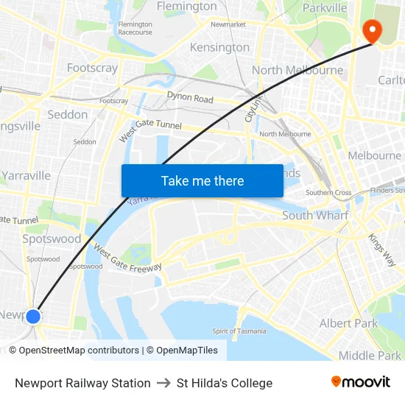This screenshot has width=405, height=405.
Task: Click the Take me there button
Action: (202, 180)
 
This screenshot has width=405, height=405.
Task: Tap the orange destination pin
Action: (372, 30)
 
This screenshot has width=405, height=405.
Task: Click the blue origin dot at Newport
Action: (32, 317)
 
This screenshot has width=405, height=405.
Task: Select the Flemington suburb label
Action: (186, 7)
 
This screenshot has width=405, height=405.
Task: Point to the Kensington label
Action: (219, 47)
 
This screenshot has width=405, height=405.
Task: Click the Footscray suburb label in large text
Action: (92, 68)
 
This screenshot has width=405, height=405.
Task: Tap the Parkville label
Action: (324, 7)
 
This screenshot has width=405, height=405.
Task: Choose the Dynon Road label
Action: (190, 99)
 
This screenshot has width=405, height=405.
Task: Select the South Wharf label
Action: (315, 216)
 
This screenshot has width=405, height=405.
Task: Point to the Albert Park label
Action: (348, 323)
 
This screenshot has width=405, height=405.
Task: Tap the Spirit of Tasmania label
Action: (239, 331)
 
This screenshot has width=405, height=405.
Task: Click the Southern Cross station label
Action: (328, 193)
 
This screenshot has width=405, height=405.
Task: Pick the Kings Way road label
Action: (381, 250)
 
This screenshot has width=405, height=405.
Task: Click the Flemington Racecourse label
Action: (135, 28)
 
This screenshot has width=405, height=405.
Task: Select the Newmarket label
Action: (228, 24)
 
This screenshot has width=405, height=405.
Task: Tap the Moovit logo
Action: (360, 382)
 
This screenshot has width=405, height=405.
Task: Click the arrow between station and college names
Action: (163, 383)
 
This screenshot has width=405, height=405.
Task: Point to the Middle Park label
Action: (370, 356)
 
